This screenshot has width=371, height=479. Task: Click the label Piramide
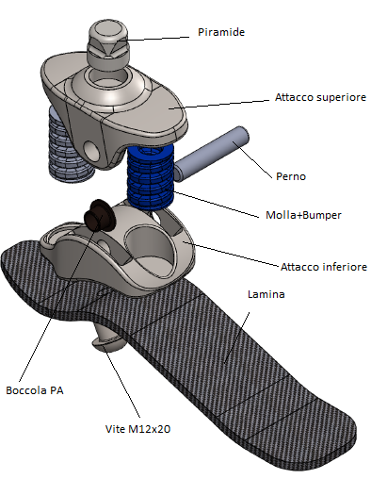[221, 32]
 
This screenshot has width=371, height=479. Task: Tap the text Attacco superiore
[320, 97]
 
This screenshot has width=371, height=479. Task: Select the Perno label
[291, 176]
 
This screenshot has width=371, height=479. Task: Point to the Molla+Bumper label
[303, 215]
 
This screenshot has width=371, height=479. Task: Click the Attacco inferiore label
[324, 267]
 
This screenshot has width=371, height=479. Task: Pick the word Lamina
[266, 294]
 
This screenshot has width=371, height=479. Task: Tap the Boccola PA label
[35, 390]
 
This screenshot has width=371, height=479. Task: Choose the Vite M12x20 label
[137, 429]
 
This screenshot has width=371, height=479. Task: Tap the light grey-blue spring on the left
[69, 144]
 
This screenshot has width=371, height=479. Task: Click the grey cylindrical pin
[212, 154]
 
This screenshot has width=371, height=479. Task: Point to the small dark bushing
[97, 215]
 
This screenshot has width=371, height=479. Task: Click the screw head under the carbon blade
[108, 342]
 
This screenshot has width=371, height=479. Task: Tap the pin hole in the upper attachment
[91, 150]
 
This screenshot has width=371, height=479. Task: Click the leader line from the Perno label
[252, 160]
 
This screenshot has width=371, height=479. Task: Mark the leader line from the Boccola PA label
[60, 299]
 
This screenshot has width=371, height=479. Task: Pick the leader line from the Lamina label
[237, 337]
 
